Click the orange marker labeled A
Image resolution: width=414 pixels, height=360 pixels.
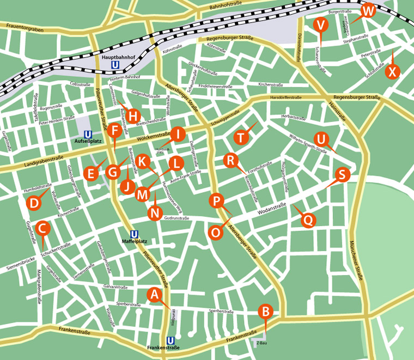(x=155, y=295)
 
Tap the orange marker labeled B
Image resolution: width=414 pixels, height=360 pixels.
(x=265, y=312)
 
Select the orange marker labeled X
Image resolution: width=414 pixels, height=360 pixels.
(x=392, y=71)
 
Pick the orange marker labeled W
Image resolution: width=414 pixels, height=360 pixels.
(x=368, y=10)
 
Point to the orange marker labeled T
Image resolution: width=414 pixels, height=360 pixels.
(x=241, y=137)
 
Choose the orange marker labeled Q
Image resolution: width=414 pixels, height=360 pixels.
(x=308, y=220)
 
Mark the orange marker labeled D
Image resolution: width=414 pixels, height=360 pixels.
(x=34, y=203)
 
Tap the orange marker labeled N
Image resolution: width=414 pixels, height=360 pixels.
(x=155, y=212)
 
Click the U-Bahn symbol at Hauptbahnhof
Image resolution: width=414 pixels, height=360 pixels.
(x=115, y=65)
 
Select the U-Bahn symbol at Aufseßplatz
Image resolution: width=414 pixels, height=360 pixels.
(x=87, y=134)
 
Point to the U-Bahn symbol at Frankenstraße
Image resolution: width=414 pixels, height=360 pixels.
(x=171, y=340)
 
